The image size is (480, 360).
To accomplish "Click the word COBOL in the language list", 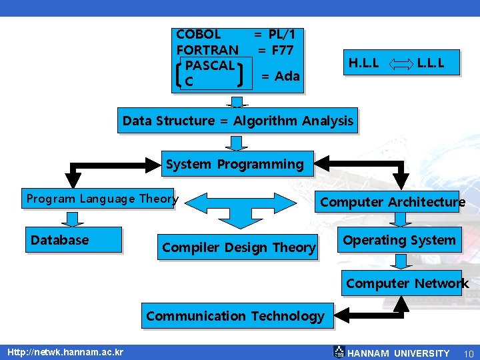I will (198, 34).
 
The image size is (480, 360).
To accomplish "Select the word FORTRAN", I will (207, 50).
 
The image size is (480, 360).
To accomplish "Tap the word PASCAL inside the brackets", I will (210, 66).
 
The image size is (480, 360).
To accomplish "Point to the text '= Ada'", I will (280, 76).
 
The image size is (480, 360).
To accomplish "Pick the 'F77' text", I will (282, 50).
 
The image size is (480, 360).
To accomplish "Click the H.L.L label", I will (363, 64).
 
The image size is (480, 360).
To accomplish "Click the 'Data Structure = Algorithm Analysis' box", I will (237, 121).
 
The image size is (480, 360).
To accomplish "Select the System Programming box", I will (235, 164).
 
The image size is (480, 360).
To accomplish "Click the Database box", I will (73, 240).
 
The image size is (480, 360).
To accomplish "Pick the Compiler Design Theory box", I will (239, 247).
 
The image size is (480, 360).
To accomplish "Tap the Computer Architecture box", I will (392, 202).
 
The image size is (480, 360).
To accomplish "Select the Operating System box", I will (399, 240).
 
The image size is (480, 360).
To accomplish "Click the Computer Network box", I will (407, 283).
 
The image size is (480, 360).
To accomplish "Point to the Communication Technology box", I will (235, 316).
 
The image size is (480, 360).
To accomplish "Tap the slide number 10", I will (468, 353).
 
